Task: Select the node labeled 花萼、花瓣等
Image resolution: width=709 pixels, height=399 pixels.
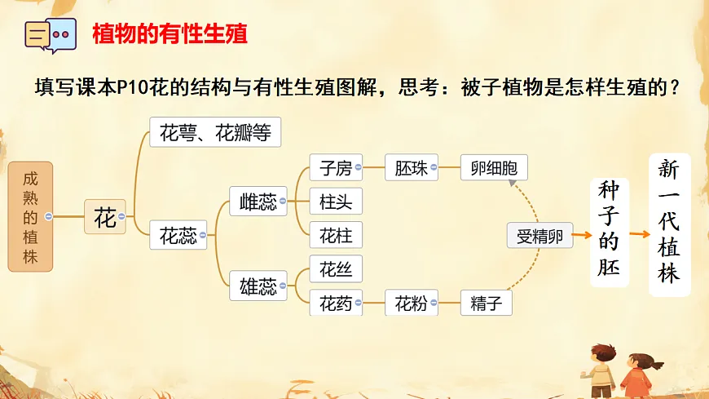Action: point(215,132)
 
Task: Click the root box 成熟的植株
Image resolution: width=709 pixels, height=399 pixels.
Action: point(30,216)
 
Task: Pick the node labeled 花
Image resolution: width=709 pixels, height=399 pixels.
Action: point(105,217)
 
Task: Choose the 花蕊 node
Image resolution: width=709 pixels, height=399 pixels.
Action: point(178,236)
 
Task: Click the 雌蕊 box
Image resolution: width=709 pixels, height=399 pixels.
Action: point(258,201)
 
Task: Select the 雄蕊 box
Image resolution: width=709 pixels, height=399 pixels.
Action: point(258,286)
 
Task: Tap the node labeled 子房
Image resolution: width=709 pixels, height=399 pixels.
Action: point(336,168)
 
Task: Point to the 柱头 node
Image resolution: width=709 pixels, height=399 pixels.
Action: point(336,201)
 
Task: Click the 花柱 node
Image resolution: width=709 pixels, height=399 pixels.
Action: point(336,235)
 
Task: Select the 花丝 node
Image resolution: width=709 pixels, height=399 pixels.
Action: point(336,268)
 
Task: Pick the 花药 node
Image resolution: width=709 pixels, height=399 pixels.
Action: point(336,304)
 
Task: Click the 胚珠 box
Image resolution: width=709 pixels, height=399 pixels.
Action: point(411,168)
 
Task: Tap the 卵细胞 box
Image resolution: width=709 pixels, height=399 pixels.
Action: point(494,168)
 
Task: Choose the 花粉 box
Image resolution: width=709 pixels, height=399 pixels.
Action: point(411,304)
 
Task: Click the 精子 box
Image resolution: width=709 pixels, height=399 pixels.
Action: point(487,304)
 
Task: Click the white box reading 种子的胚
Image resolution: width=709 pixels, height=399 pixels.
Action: point(610,231)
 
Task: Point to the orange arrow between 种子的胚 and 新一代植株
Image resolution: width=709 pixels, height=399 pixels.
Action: point(640,233)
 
